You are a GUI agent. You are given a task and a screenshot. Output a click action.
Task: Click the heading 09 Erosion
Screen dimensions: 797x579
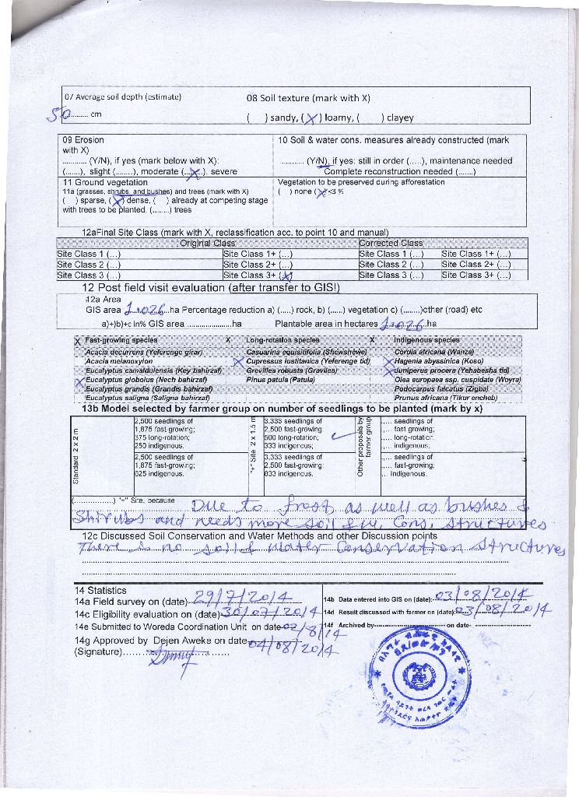(x=83, y=140)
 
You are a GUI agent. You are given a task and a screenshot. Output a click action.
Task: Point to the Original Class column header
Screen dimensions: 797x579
(x=206, y=243)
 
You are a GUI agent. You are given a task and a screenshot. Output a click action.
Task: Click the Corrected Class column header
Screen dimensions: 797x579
(x=391, y=243)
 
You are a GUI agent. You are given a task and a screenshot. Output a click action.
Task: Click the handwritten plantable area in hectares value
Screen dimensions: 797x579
(x=403, y=324)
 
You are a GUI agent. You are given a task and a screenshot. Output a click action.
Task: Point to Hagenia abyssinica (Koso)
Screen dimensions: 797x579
(x=439, y=361)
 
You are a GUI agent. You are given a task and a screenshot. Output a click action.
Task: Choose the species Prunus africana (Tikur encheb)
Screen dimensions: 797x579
(x=446, y=398)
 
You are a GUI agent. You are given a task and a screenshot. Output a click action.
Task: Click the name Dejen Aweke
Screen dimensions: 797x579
(x=184, y=641)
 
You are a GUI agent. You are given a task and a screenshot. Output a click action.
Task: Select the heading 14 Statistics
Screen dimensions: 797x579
(x=100, y=590)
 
